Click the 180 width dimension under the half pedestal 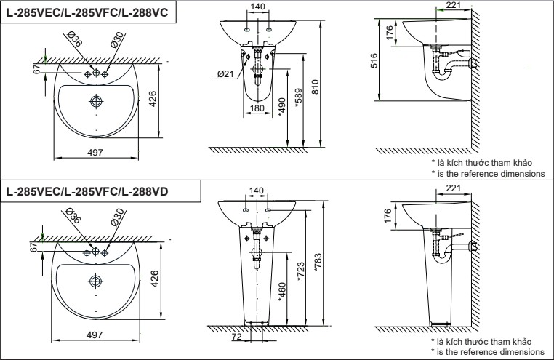click(257, 108)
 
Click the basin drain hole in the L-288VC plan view click(96, 100)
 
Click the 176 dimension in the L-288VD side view click(388, 215)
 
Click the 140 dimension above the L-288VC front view click(257, 7)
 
